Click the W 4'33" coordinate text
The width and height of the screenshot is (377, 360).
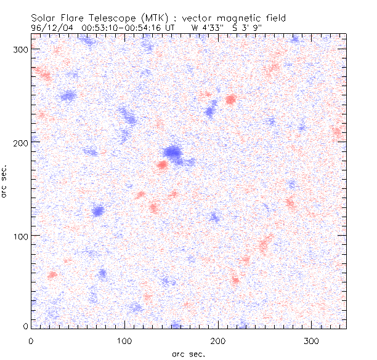205,27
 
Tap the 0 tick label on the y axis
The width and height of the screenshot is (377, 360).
25,326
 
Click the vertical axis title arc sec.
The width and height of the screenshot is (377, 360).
5,181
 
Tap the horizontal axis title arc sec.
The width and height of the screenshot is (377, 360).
188,353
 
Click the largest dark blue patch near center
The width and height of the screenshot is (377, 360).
174,152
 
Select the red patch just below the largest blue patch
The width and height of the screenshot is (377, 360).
162,164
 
